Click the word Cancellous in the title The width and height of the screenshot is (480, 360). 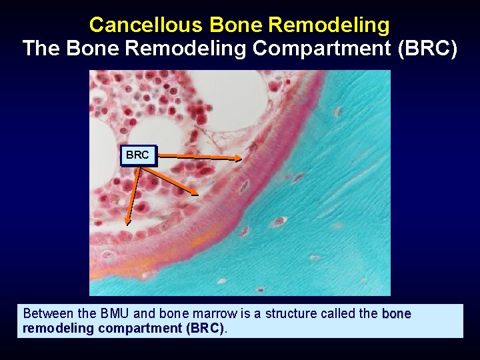click(x=146, y=25)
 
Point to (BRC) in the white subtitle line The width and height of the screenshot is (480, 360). click(x=427, y=49)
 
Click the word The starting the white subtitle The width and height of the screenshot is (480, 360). click(x=42, y=49)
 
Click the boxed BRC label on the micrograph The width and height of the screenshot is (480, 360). click(x=137, y=155)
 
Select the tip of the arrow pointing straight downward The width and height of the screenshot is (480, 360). click(x=128, y=224)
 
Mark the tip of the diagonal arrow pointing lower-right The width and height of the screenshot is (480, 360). click(x=198, y=195)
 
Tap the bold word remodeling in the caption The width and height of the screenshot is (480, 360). click(x=53, y=328)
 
